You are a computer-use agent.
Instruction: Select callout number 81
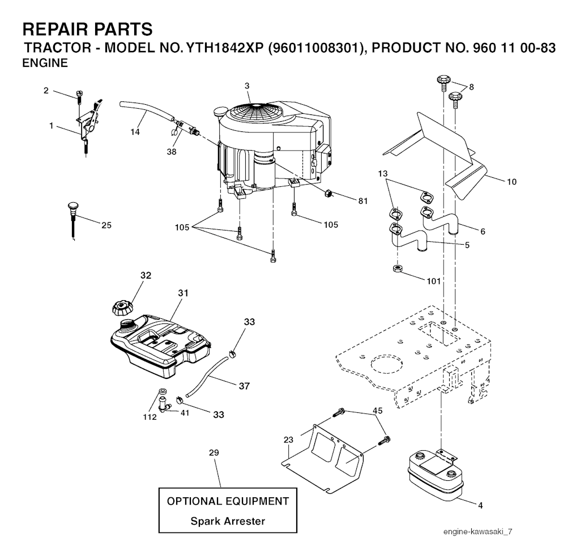pos(362,200)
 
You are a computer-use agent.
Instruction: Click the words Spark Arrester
pos(227,521)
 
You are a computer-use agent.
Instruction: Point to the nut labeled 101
pos(398,268)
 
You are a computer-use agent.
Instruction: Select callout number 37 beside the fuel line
pos(244,386)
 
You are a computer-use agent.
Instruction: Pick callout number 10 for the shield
pos(511,182)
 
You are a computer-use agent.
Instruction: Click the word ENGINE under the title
pos(45,63)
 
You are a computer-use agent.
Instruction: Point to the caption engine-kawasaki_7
pos(478,532)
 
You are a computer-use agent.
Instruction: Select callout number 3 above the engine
pos(247,86)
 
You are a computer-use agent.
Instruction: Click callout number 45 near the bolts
pos(378,411)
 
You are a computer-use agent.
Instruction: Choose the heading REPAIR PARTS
pos(87,29)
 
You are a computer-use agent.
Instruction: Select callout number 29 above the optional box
pos(214,453)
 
